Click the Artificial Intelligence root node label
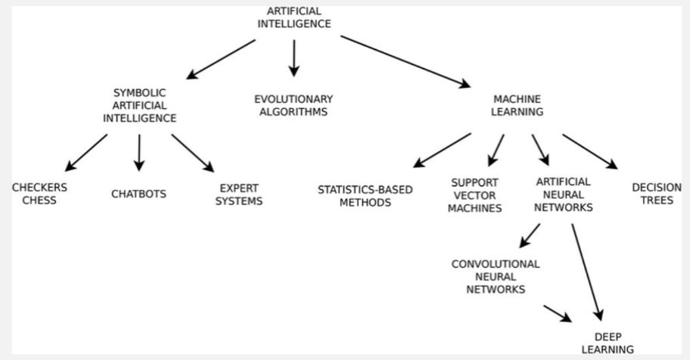(x=294, y=17)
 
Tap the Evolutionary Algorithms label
(x=293, y=105)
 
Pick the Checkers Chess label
(x=39, y=194)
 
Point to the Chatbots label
(x=138, y=194)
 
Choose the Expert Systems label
(x=240, y=194)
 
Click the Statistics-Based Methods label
(x=365, y=195)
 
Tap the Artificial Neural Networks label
(x=563, y=194)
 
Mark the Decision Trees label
(x=656, y=194)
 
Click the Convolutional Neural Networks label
(x=496, y=276)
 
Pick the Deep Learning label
(x=613, y=343)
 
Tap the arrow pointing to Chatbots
(x=138, y=151)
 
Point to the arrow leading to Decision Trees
(x=590, y=151)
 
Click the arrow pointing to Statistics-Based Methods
(x=442, y=150)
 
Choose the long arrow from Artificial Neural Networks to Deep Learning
(x=587, y=272)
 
